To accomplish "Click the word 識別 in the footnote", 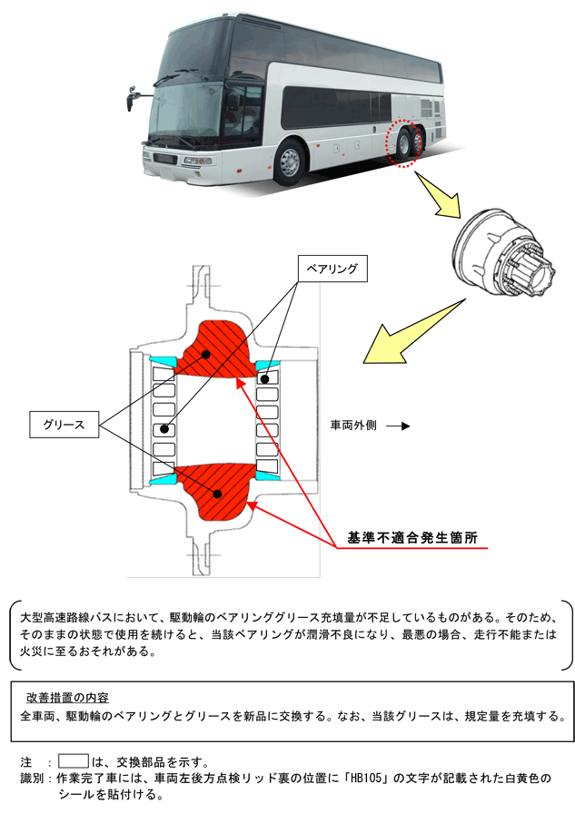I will tap(33, 779).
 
